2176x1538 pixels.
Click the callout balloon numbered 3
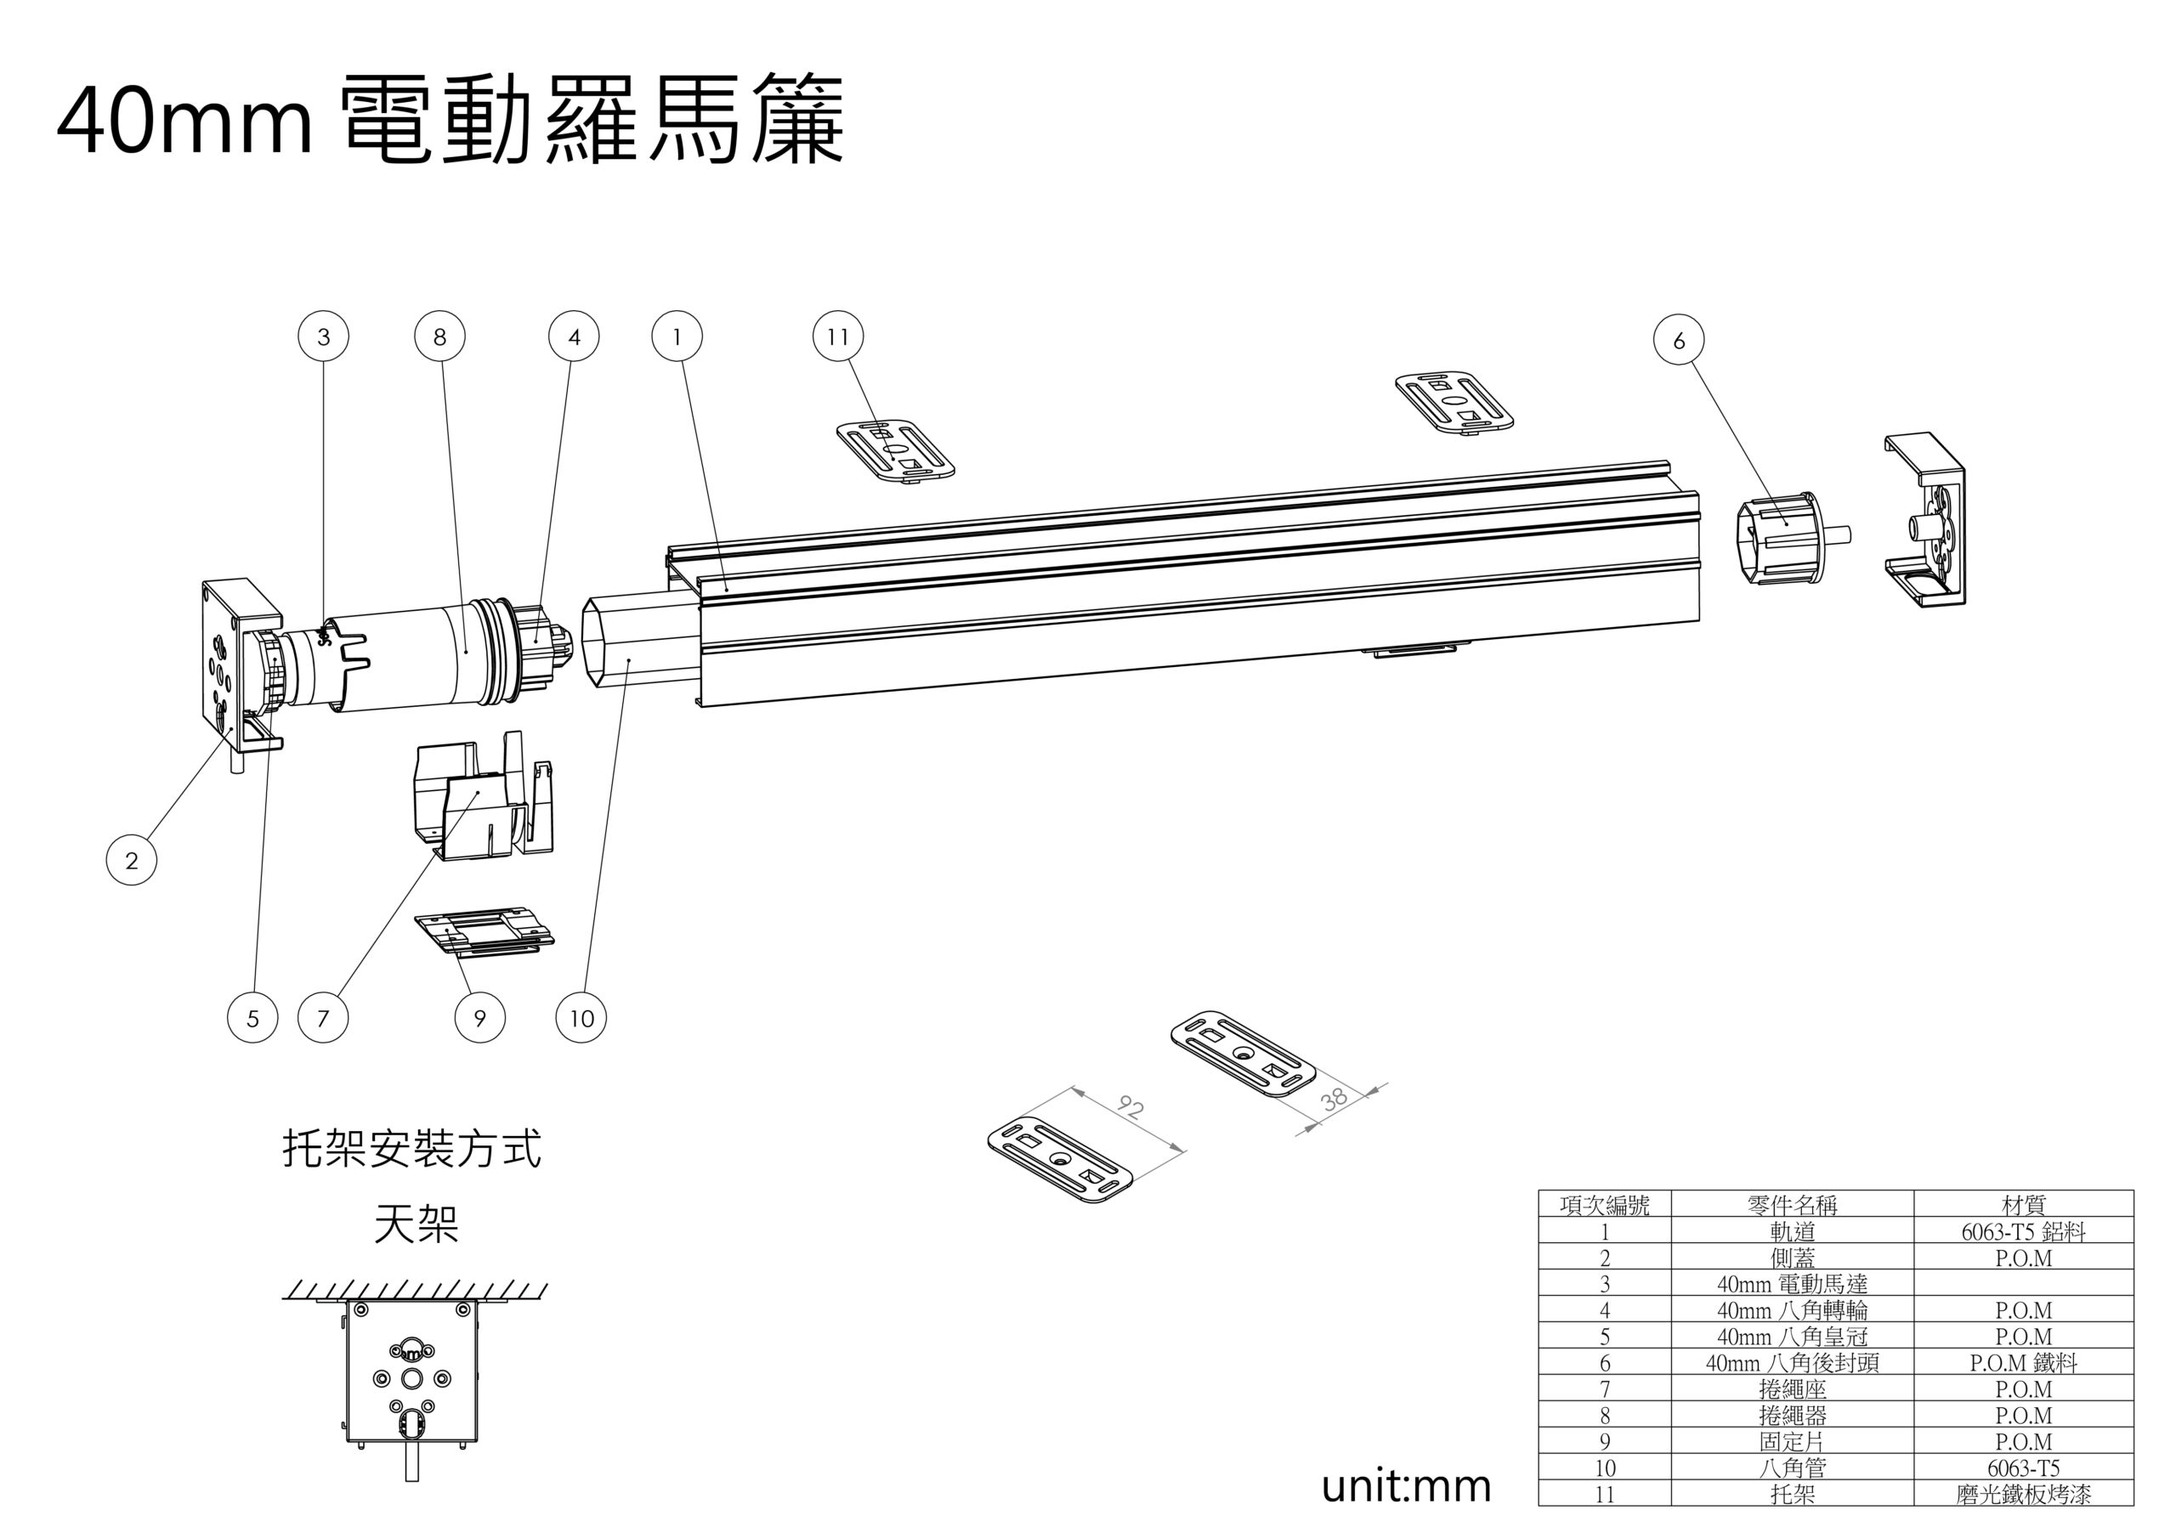323,336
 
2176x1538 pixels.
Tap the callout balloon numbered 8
439,336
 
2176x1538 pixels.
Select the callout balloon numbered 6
1679,340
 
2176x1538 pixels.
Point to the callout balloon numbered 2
131,861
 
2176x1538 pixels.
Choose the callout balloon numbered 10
581,1019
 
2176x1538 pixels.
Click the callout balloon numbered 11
838,336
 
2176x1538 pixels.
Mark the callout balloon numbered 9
479,1019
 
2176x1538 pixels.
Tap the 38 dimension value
1334,1100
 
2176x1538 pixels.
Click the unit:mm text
1406,1486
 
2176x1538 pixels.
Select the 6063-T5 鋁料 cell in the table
2023,1231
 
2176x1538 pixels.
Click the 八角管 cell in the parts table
1792,1467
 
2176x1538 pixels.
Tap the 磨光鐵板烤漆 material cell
2023,1495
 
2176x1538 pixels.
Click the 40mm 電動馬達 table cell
1792,1284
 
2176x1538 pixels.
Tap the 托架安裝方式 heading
412,1150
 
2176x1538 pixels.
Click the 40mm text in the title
184,122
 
